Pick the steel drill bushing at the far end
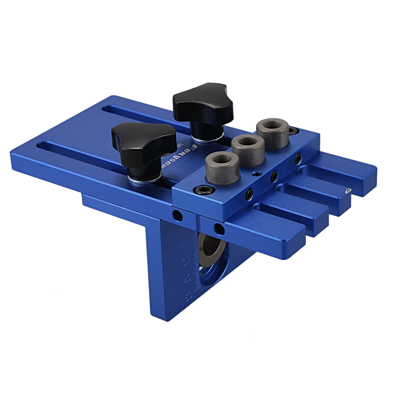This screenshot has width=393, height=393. [x=272, y=132]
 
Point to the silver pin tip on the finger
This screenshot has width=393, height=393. [x=348, y=191]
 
